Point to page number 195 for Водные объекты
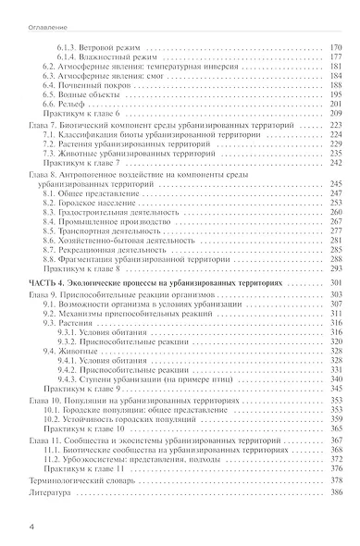pos(336,93)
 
